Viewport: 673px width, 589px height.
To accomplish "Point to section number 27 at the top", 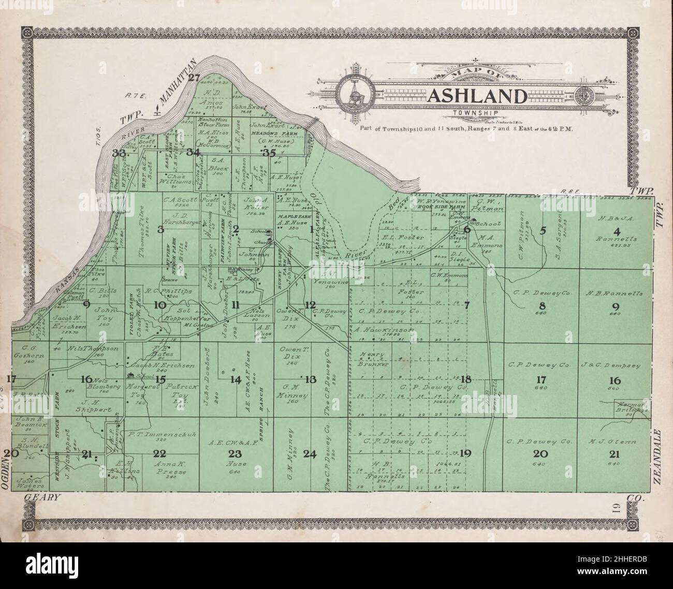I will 194,78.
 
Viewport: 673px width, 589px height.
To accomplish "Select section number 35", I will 269,153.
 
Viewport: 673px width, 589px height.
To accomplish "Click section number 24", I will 310,454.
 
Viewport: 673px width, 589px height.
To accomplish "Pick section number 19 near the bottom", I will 465,454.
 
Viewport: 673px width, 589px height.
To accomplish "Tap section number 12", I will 310,304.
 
